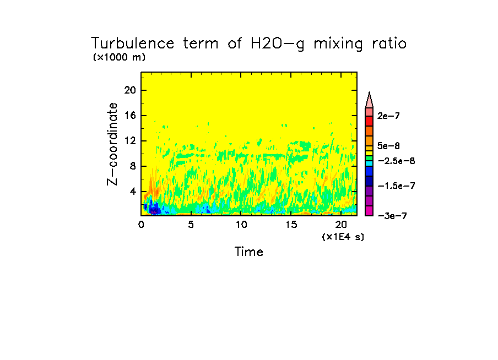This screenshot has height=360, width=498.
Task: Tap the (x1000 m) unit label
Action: (x=119, y=57)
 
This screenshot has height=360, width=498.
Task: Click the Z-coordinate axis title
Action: (x=113, y=143)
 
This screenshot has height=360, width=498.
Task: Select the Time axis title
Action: (x=249, y=252)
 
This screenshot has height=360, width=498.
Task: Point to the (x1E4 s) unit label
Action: (x=343, y=236)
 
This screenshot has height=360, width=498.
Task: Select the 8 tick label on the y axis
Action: (x=133, y=166)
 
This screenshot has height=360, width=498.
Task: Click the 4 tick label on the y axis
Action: (x=133, y=192)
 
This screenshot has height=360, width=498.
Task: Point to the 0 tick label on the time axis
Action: (x=141, y=225)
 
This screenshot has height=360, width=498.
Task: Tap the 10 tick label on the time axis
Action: (x=241, y=225)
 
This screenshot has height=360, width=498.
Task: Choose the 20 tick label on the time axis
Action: (x=340, y=225)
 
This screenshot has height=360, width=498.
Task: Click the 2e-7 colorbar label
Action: (x=388, y=116)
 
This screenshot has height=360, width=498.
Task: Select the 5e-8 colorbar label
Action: (x=388, y=146)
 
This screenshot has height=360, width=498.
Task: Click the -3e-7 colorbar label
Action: (x=392, y=216)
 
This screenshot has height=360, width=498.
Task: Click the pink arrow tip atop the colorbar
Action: (x=369, y=100)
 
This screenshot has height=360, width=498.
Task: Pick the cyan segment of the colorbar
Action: (x=369, y=163)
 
